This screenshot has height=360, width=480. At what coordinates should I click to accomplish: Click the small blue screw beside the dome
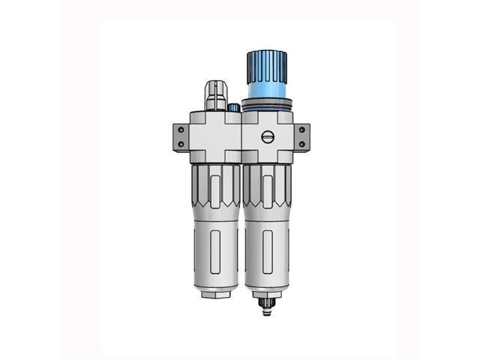tap(233, 108)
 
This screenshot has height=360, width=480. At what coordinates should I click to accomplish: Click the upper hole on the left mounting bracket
tap(180, 130)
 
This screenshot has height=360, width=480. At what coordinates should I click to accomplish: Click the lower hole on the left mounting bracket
tap(180, 144)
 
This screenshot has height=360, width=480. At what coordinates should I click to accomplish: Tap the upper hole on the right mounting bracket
tap(301, 130)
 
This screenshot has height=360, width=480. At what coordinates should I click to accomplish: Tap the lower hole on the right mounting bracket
tap(301, 143)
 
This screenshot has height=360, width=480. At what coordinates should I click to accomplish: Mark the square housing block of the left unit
tap(214, 135)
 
